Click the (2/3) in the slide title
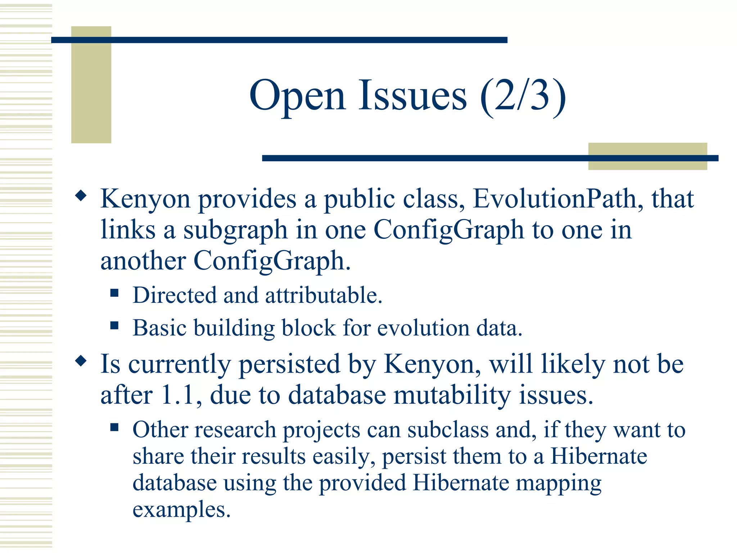(x=523, y=96)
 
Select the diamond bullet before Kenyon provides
(x=81, y=196)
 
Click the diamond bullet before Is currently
(x=81, y=361)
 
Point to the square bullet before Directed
(x=114, y=293)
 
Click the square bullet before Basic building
(x=114, y=325)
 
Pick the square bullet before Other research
(x=114, y=427)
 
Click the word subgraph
(x=235, y=230)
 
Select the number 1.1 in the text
(x=179, y=395)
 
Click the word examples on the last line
(x=181, y=510)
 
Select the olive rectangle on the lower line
(x=647, y=156)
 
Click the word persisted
(x=289, y=364)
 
